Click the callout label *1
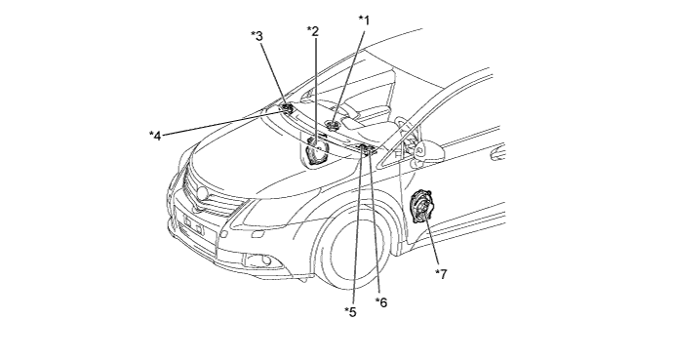(364, 20)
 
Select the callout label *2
(312, 31)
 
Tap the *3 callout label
(258, 36)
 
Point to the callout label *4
(155, 136)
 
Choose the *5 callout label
(350, 312)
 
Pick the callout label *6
(381, 302)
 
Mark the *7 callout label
(441, 274)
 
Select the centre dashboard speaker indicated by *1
(333, 126)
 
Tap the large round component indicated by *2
(317, 149)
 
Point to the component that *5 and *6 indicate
(366, 149)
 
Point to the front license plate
(193, 224)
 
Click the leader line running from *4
(224, 123)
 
